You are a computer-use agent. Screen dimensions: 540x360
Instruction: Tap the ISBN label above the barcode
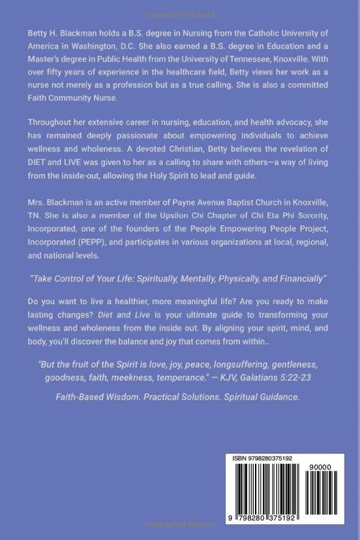[x=240, y=458]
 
